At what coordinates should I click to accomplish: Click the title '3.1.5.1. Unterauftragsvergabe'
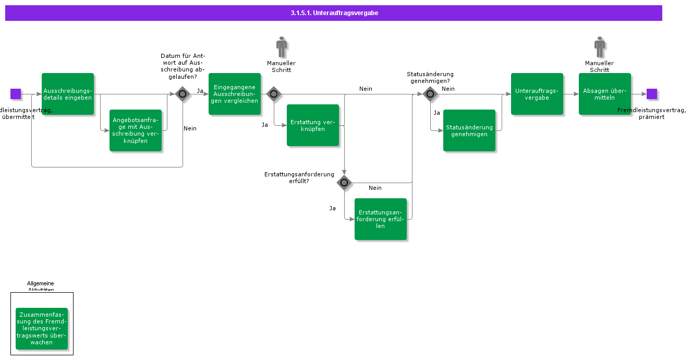tap(334, 13)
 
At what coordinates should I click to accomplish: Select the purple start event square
tap(16, 94)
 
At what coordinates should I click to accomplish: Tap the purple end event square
tap(652, 94)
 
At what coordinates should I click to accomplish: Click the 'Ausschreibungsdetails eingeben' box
tap(68, 94)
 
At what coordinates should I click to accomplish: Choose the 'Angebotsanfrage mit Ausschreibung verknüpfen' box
tap(136, 130)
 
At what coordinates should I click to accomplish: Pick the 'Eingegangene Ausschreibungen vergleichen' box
tap(235, 94)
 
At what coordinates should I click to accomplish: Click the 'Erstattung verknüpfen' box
tap(313, 125)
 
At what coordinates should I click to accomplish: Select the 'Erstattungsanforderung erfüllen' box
tap(381, 219)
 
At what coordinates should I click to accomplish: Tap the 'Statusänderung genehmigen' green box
tap(469, 130)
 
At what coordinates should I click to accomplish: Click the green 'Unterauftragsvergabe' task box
tap(537, 94)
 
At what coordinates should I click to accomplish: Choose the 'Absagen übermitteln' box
tap(605, 94)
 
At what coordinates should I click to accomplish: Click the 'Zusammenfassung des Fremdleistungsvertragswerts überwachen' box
tap(42, 329)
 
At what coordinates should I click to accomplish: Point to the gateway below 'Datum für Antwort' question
tap(183, 94)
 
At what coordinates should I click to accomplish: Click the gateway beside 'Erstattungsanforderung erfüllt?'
tap(344, 183)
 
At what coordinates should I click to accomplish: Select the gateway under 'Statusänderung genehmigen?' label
tap(430, 94)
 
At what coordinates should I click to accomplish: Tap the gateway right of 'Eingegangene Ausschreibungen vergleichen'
tap(274, 94)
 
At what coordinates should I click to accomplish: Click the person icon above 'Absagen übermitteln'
tap(600, 47)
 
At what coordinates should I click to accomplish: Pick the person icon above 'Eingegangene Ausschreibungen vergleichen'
tap(282, 47)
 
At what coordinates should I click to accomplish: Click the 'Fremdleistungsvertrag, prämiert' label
tap(651, 114)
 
